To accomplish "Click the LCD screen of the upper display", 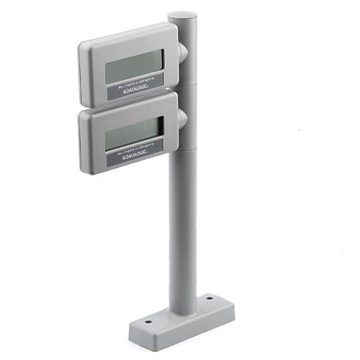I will (134, 66).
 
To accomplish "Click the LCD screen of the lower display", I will (133, 134).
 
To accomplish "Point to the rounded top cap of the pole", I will (182, 16).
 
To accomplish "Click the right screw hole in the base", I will (209, 297).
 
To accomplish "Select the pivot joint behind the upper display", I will (183, 52).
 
